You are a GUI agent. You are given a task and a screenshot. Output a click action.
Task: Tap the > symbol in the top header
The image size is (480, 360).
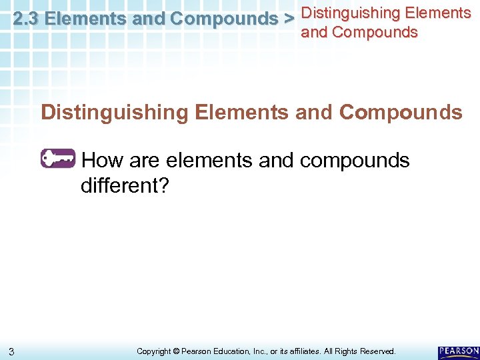(289, 19)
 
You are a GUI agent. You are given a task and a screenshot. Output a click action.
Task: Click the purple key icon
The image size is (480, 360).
(59, 159)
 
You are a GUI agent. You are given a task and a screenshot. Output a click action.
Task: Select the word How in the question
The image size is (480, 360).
(102, 161)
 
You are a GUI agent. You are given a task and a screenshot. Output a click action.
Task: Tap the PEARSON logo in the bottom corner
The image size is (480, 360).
(459, 351)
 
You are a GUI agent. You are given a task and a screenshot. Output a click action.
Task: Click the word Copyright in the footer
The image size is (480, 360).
(153, 351)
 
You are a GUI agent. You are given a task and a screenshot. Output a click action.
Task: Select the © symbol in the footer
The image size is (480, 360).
(176, 351)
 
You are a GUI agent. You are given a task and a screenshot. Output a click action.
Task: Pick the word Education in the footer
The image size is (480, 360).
(229, 351)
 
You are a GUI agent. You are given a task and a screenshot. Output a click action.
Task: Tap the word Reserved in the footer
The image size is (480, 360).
(377, 351)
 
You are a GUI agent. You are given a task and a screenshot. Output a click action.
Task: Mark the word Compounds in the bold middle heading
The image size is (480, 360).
(400, 112)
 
